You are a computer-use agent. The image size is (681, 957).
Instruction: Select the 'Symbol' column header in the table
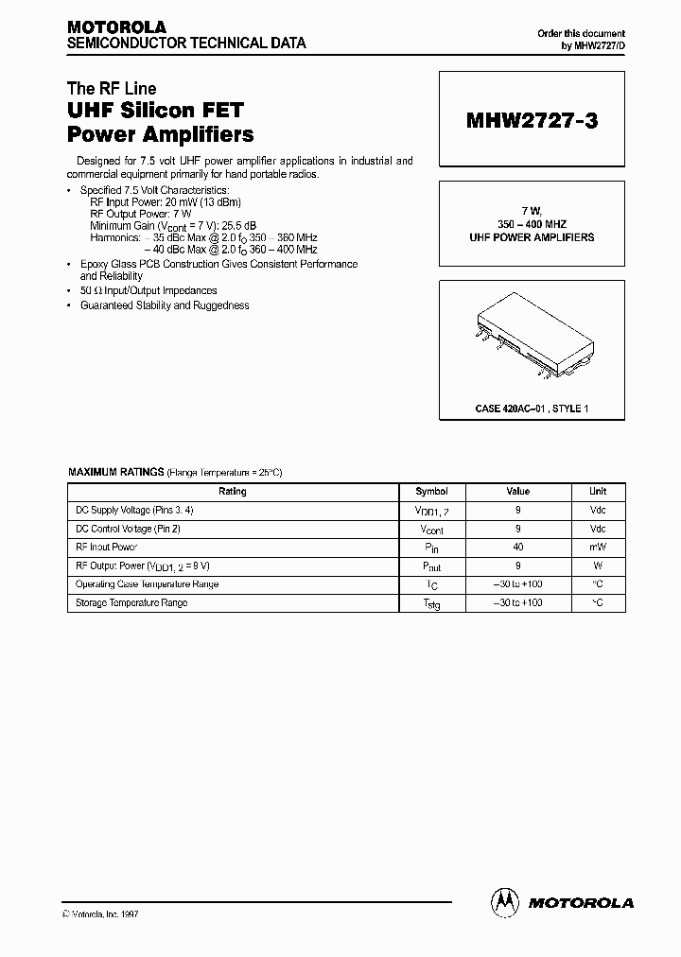431,492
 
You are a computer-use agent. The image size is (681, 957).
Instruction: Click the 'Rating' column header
233,492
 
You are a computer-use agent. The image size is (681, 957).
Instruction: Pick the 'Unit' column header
598,492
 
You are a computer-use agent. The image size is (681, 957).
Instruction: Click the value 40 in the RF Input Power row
518,548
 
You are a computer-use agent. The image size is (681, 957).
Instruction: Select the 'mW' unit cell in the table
598,548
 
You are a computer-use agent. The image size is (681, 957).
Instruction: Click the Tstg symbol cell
431,603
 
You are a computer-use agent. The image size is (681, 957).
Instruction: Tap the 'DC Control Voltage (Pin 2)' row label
127,529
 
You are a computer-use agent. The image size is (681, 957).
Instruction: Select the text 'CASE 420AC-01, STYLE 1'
532,408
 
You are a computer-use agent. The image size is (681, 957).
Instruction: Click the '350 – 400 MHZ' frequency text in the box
532,224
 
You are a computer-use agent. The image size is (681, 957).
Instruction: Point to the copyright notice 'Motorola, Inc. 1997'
106,914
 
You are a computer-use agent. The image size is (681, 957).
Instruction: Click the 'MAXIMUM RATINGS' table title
116,471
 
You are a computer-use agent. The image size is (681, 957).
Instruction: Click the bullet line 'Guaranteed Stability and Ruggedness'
165,305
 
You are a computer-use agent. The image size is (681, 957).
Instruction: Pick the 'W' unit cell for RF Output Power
598,565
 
